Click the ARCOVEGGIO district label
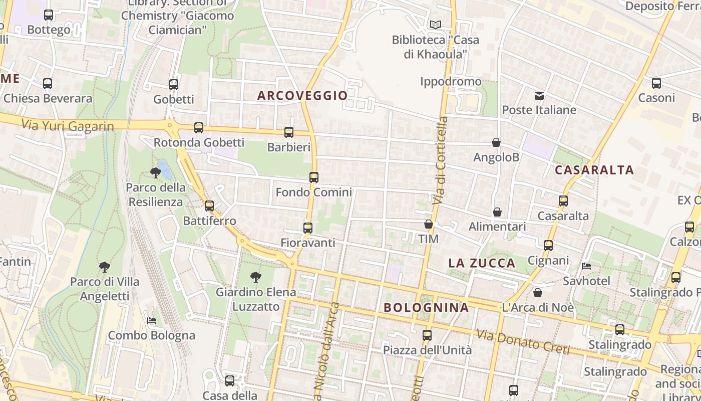[x=302, y=95]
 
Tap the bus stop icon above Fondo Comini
[x=314, y=177]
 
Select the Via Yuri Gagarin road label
[x=68, y=125]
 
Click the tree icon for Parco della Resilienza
[x=156, y=173]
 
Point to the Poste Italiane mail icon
[x=539, y=95]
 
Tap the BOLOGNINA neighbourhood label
[x=427, y=307]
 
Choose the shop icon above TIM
[x=429, y=224]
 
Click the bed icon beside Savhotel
[x=586, y=266]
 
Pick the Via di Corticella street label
[x=441, y=160]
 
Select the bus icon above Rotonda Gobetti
[x=199, y=128]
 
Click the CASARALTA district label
[x=594, y=170]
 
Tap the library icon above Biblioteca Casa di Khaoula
[x=436, y=25]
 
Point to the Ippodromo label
[x=451, y=81]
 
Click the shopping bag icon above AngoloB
[x=496, y=143]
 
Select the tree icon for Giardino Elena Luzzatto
[x=256, y=277]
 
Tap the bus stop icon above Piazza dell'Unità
[x=427, y=335]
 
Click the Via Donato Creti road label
[x=523, y=341]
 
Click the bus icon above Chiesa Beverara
[x=48, y=84]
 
